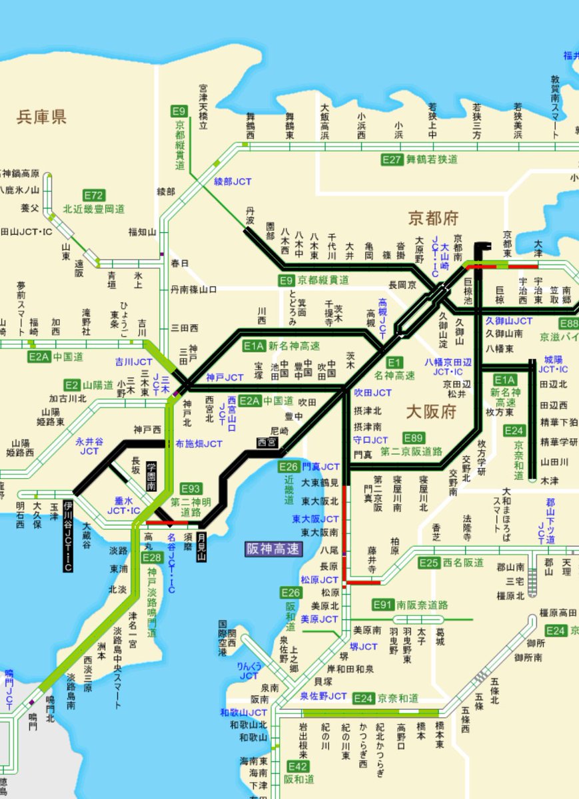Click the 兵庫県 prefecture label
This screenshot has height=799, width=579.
pyautogui.click(x=41, y=118)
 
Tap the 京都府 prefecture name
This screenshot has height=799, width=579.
pyautogui.click(x=434, y=218)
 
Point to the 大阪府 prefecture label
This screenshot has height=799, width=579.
pyautogui.click(x=431, y=411)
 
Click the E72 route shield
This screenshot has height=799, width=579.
pyautogui.click(x=94, y=196)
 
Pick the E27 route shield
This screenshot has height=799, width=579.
pyautogui.click(x=392, y=160)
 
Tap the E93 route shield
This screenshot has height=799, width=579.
pyautogui.click(x=191, y=489)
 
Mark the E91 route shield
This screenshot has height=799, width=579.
pyautogui.click(x=383, y=605)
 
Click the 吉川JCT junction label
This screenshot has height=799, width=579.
pyautogui.click(x=133, y=362)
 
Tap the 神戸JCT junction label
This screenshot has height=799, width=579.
pyautogui.click(x=225, y=378)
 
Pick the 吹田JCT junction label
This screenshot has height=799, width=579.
pyautogui.click(x=373, y=393)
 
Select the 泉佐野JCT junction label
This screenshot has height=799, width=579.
pyautogui.click(x=323, y=696)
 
